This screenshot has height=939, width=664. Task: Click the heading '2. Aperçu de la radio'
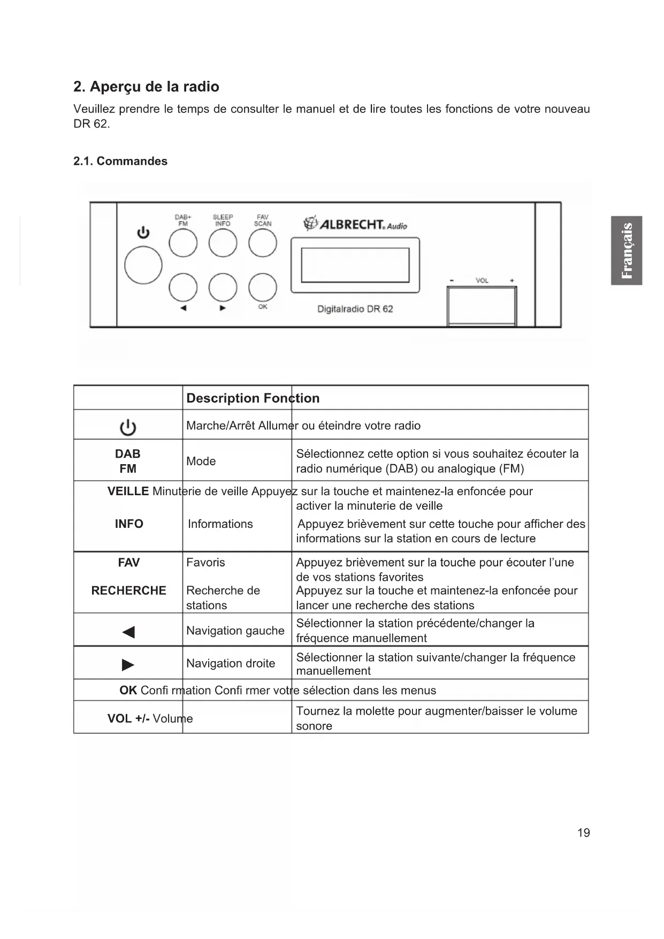(x=146, y=87)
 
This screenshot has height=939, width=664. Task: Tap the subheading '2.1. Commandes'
(x=120, y=161)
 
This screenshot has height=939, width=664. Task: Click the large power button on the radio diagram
(x=143, y=265)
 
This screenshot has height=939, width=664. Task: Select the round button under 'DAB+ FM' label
(x=183, y=243)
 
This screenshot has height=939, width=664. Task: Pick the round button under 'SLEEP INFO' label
(x=223, y=243)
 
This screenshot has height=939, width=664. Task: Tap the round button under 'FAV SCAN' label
(x=263, y=243)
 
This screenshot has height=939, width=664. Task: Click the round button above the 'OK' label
(x=263, y=287)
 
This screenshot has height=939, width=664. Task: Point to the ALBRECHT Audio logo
(x=355, y=224)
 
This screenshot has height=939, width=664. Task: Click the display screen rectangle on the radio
(x=355, y=265)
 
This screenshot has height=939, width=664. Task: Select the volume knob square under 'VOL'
(x=482, y=306)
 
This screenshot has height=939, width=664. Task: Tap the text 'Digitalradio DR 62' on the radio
(x=355, y=309)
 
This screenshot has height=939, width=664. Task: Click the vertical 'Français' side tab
(x=627, y=251)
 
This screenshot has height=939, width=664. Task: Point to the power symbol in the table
(x=128, y=427)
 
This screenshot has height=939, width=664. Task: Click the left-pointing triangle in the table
(x=128, y=632)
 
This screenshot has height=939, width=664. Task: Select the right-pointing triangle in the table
(x=128, y=665)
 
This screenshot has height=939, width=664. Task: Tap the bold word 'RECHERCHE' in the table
(x=128, y=590)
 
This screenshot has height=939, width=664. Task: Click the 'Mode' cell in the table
(x=201, y=461)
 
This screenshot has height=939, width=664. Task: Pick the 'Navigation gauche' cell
(x=235, y=631)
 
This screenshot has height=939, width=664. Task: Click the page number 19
(x=584, y=832)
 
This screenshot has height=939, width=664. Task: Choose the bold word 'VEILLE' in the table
(x=128, y=491)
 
